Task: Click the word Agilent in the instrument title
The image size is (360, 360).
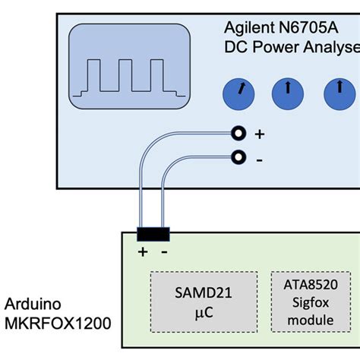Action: (248, 27)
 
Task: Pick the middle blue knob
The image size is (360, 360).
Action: (287, 93)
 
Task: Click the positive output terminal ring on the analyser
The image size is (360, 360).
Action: (239, 134)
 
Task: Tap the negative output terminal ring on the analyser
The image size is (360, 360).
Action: (239, 157)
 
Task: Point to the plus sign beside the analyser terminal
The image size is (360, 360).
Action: (259, 134)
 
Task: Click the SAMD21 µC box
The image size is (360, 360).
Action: (204, 301)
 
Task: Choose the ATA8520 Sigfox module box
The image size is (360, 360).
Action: (305, 301)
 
